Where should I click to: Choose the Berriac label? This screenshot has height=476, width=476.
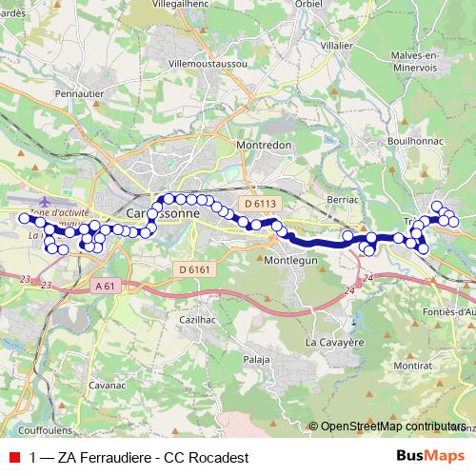coord(341,201)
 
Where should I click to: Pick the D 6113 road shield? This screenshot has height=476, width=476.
coord(258,203)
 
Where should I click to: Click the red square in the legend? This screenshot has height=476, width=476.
coord(14,457)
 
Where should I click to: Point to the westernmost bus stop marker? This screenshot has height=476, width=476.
coord(25,218)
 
